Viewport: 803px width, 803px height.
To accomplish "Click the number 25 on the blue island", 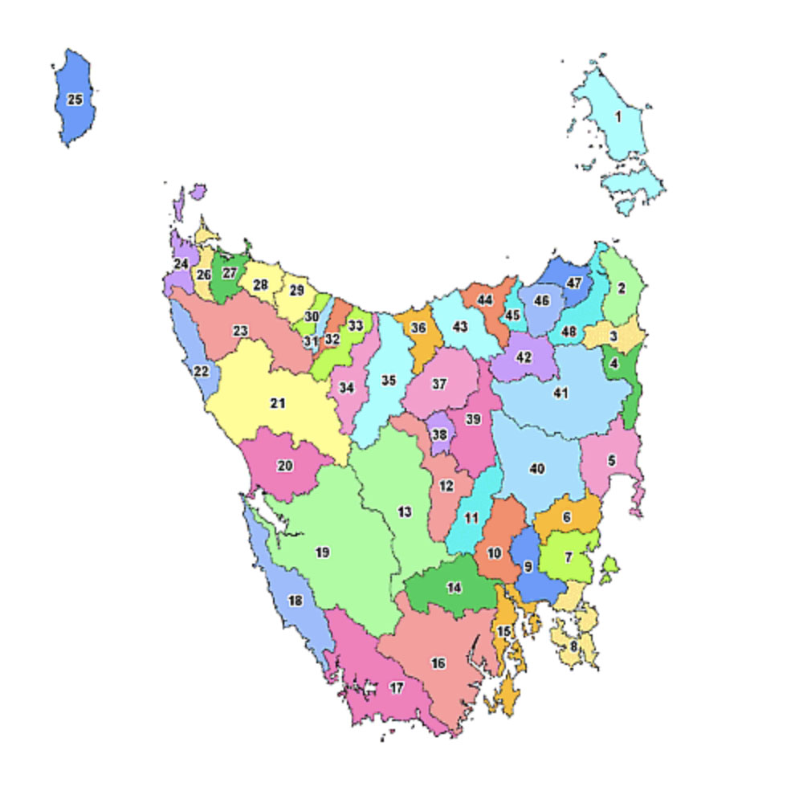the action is tap(75, 100).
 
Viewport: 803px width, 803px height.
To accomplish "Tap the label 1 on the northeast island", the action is tap(618, 116).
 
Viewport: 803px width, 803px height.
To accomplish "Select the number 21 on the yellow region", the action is tap(277, 403).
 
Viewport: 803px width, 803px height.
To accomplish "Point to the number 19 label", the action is tap(322, 552).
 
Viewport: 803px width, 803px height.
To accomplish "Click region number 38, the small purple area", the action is tap(439, 434).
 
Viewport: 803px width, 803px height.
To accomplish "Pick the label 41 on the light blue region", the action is tap(560, 393).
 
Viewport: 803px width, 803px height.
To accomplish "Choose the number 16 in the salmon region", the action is tap(438, 663).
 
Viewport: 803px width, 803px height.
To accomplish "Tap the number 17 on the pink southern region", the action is tap(397, 687).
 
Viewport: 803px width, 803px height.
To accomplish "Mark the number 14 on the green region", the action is tap(454, 588).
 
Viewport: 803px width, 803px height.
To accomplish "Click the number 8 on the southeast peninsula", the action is tap(573, 646).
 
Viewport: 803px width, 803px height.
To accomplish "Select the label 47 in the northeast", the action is tap(573, 283).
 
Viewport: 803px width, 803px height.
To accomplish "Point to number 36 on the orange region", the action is tap(418, 328).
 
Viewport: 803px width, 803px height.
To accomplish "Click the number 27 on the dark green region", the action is tap(230, 273).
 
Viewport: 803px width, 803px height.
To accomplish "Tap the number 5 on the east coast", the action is tap(612, 461).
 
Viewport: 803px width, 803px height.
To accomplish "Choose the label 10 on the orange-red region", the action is tap(494, 553).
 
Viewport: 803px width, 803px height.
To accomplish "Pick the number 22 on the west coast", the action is tap(201, 371).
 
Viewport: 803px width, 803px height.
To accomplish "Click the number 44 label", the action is tap(485, 300).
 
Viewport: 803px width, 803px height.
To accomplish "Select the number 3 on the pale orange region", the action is tap(613, 336).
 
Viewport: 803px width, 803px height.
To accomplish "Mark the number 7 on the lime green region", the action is tap(569, 556).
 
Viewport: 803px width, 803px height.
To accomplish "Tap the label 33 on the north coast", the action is tap(356, 325).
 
